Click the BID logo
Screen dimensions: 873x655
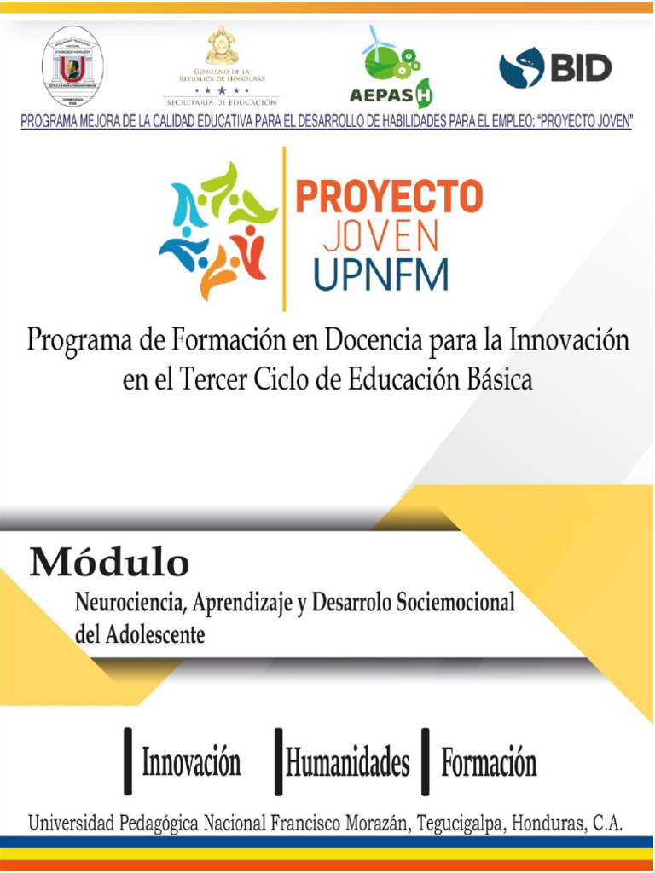click(x=555, y=67)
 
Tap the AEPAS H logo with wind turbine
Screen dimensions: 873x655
click(x=391, y=64)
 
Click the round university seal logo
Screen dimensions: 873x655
click(x=72, y=66)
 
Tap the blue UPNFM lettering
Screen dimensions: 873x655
click(x=380, y=275)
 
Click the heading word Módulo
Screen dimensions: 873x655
click(x=109, y=564)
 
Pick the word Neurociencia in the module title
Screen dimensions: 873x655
click(x=129, y=604)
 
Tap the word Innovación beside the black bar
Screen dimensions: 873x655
click(x=191, y=762)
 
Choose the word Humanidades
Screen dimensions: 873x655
click(x=347, y=762)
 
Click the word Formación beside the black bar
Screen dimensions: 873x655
click(x=489, y=762)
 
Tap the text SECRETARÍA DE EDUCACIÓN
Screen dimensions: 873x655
click(x=222, y=102)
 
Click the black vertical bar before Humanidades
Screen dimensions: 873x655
click(x=278, y=761)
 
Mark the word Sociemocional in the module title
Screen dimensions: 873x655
click(x=456, y=604)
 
